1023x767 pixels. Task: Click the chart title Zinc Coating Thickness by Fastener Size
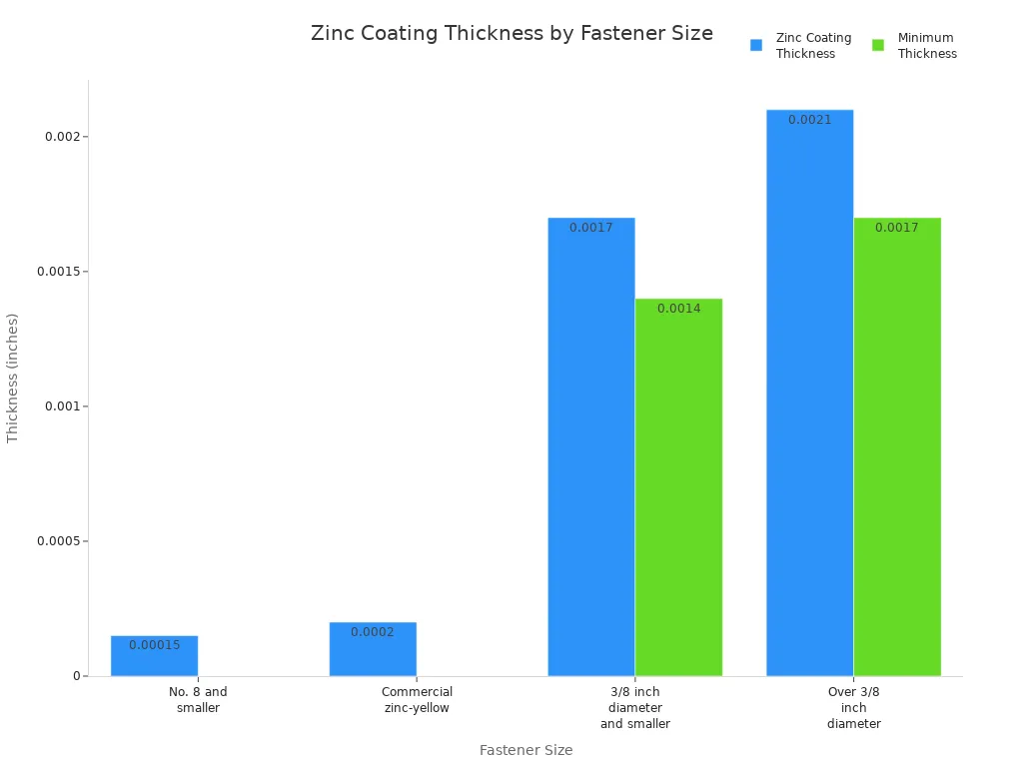pyautogui.click(x=511, y=33)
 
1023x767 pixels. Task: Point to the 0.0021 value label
pyautogui.click(x=809, y=120)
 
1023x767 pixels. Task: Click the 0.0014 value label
pyautogui.click(x=678, y=309)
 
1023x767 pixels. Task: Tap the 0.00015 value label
pyautogui.click(x=154, y=645)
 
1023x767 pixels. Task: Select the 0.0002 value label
pyautogui.click(x=373, y=632)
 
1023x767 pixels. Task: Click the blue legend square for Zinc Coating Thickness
pyautogui.click(x=756, y=45)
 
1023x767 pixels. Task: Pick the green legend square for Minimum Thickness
pyautogui.click(x=878, y=45)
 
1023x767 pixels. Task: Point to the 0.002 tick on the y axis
pyautogui.click(x=62, y=137)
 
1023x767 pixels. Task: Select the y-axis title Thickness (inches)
pyautogui.click(x=13, y=378)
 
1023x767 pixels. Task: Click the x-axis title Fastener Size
pyautogui.click(x=525, y=750)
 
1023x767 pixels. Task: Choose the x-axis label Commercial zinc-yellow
pyautogui.click(x=417, y=700)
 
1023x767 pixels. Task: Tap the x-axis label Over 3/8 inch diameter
pyautogui.click(x=854, y=707)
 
